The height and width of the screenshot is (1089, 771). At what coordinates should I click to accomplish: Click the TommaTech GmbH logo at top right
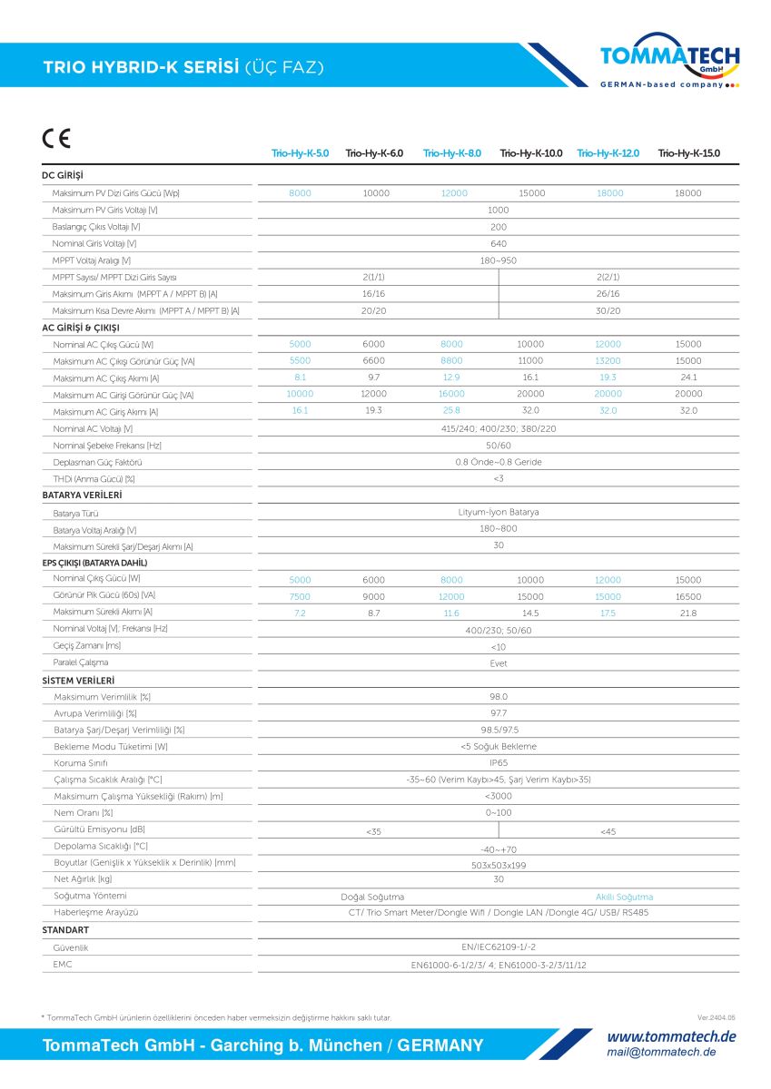point(669,60)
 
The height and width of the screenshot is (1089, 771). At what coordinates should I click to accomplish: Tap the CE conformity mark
point(55,140)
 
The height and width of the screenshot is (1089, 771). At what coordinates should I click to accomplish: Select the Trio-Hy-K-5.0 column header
point(300,153)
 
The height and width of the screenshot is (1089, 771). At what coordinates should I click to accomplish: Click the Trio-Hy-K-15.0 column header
point(688,153)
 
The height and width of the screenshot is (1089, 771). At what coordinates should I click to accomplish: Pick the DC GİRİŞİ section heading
point(63,175)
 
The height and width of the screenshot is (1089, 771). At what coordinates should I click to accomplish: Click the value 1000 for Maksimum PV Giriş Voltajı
point(498,210)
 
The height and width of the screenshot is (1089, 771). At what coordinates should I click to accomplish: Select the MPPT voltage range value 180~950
point(498,260)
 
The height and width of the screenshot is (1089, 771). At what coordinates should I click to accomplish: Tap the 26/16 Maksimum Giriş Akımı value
point(608,294)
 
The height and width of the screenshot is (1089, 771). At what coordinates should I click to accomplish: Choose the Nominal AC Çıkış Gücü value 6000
point(374,345)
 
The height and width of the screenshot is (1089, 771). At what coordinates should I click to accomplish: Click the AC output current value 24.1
point(688,378)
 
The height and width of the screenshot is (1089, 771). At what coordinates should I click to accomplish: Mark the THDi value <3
point(498,478)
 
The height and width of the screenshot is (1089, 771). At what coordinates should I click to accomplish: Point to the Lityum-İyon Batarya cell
point(498,512)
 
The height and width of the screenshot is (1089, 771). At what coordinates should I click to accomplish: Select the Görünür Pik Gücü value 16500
point(688,596)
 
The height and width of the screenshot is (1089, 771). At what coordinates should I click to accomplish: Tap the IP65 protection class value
point(498,763)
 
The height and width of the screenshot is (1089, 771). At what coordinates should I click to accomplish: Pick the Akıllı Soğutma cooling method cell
point(624,897)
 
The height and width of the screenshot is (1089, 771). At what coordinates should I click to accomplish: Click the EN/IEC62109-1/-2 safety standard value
point(498,947)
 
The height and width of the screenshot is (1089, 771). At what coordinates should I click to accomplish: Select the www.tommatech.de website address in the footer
point(671,1036)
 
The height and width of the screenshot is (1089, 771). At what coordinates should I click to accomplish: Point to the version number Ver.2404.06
point(717,1018)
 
